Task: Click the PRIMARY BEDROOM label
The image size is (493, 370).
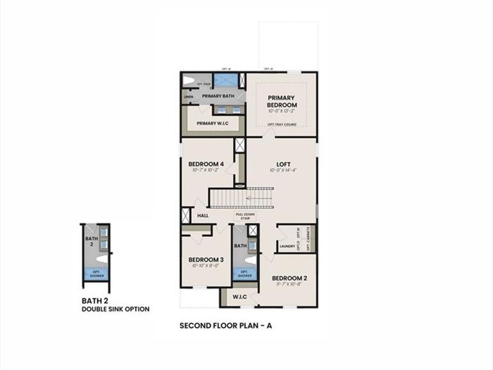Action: [x=282, y=101]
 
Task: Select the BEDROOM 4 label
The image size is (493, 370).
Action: [x=206, y=164]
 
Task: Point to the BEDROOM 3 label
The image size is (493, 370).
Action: [x=205, y=260]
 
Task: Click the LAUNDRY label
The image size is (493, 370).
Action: [x=287, y=247]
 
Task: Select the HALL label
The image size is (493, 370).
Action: [x=202, y=216]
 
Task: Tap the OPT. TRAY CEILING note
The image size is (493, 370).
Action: [x=282, y=124]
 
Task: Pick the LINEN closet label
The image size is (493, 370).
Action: [x=188, y=97]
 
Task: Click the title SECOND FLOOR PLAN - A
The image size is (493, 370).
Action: [x=225, y=325]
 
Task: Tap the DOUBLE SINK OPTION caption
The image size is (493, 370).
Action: [x=115, y=309]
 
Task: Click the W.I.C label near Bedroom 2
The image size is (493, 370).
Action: [x=240, y=297]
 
